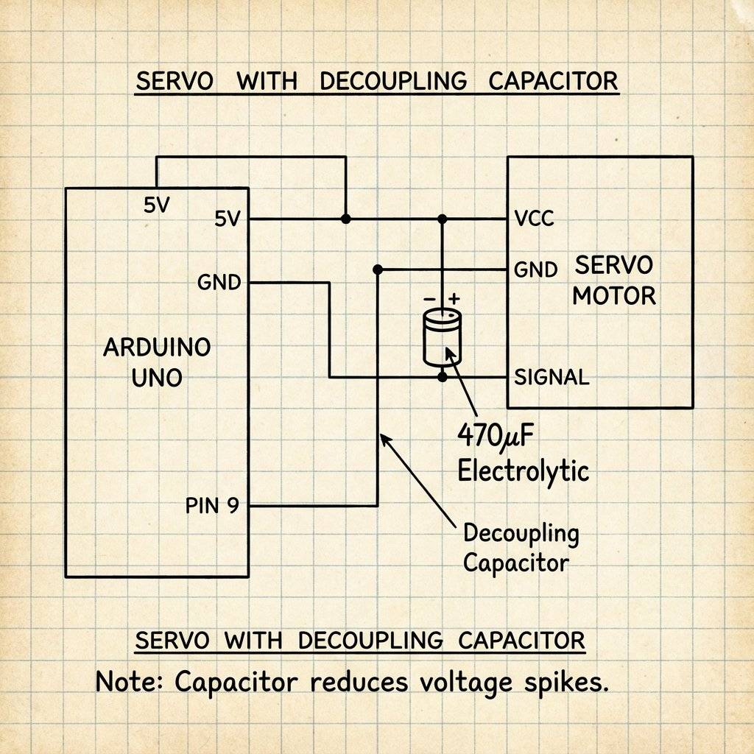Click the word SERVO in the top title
pyautogui.click(x=175, y=81)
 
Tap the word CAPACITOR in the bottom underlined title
pyautogui.click(x=521, y=640)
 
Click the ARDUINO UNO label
pyautogui.click(x=157, y=362)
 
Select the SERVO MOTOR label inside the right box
pyautogui.click(x=614, y=281)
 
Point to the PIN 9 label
pyautogui.click(x=212, y=507)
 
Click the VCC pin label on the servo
pyautogui.click(x=535, y=219)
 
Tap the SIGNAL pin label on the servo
pyautogui.click(x=552, y=378)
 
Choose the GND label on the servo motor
pyautogui.click(x=535, y=269)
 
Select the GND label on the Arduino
pyautogui.click(x=219, y=282)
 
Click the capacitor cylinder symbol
pyautogui.click(x=442, y=337)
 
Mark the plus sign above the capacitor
pyautogui.click(x=454, y=298)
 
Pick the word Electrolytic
pyautogui.click(x=524, y=470)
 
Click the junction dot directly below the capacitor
pyautogui.click(x=443, y=377)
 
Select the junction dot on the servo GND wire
pyautogui.click(x=378, y=269)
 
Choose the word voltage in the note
pyautogui.click(x=465, y=682)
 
